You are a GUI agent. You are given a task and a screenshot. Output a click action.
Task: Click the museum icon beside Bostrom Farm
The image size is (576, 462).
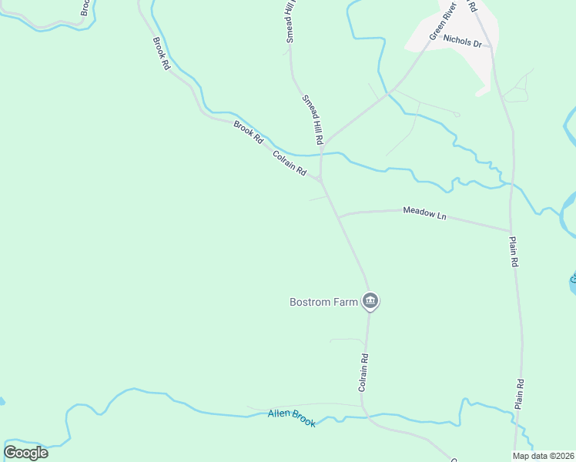370,301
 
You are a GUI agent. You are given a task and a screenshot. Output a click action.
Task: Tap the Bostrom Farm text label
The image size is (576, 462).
323,302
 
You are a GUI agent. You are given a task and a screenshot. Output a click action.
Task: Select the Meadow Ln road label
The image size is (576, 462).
424,213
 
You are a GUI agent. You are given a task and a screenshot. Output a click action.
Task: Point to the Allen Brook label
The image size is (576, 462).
292,418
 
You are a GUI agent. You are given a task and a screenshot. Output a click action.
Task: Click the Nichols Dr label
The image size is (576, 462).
462,42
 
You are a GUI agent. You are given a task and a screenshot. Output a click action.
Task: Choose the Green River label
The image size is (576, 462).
443,21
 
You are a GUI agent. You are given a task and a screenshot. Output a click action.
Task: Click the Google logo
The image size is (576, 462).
25,453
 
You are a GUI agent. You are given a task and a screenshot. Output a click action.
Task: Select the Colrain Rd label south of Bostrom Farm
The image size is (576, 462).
364,373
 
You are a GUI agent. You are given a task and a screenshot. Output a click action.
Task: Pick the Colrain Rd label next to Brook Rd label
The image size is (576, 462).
290,163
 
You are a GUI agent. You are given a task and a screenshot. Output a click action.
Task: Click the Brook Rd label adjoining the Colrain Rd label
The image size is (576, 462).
249,132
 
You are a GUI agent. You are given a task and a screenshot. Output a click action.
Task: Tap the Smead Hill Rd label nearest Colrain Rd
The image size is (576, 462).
312,121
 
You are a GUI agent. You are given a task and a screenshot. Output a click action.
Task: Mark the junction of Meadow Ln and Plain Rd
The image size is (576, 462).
511,230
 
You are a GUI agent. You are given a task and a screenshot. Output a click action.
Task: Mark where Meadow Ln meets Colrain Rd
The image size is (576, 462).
339,216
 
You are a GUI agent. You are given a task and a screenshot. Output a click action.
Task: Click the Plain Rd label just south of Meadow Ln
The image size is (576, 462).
514,252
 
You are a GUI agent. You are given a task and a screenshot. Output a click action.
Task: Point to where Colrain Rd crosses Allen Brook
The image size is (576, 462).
365,416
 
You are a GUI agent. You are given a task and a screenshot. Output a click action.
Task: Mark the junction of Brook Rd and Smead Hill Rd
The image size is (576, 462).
320,180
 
